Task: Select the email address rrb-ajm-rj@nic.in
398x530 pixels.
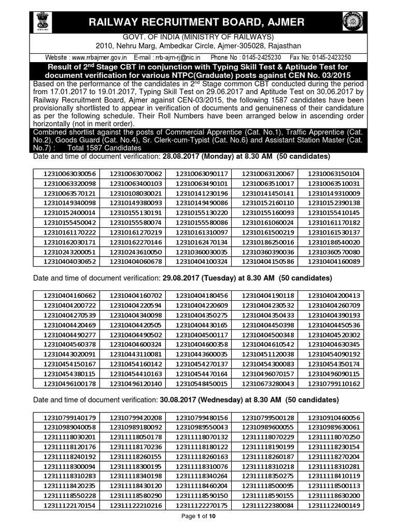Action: [x=177, y=57]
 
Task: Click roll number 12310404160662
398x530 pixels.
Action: [x=70, y=296]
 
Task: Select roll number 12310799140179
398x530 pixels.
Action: [x=70, y=418]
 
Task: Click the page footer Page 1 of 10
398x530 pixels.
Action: [x=198, y=522]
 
